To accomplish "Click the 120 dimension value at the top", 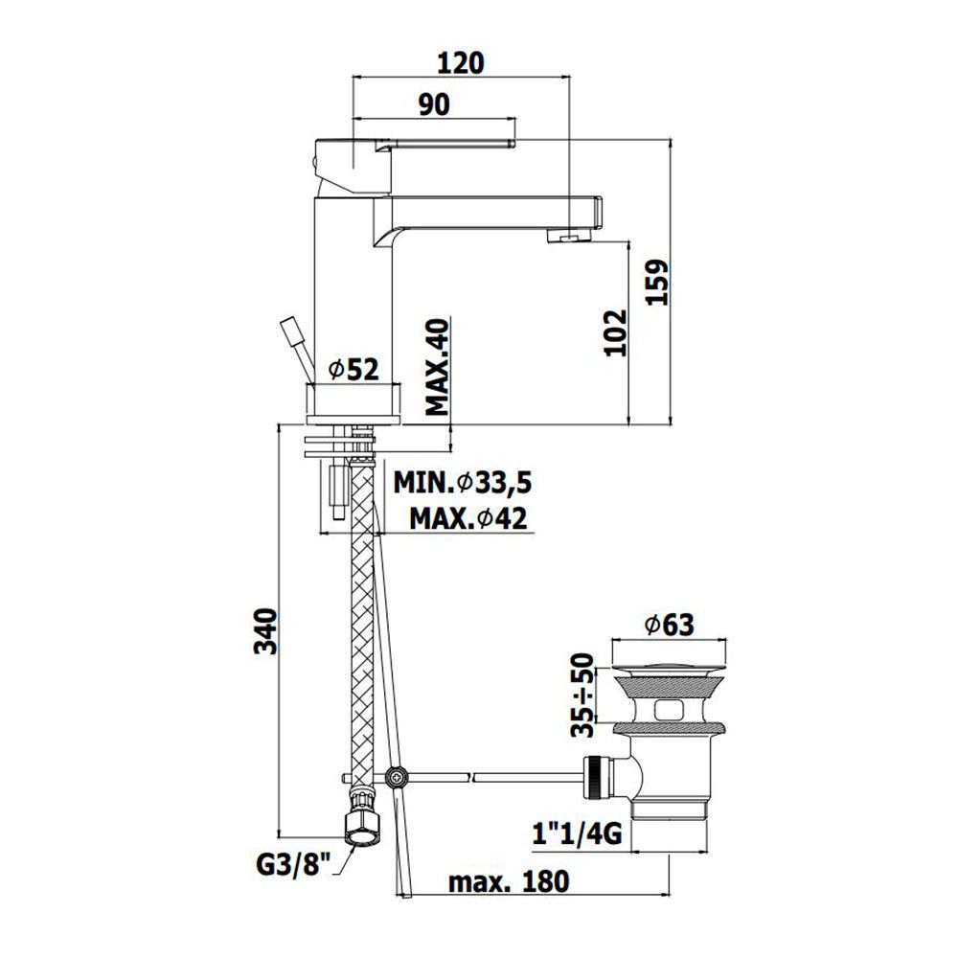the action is pos(462,63).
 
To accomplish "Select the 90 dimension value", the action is pos(434,104).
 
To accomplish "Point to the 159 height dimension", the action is pos(657,283).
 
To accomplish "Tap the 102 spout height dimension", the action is pos(615,333).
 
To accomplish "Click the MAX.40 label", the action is pos(437,367).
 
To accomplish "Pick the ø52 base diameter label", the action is pos(354,370).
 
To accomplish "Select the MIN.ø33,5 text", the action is pos(463,483).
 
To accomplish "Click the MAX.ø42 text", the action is pos(468,518).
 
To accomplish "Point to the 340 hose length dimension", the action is pos(265,631).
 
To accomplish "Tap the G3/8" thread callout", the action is pos(293,865).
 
